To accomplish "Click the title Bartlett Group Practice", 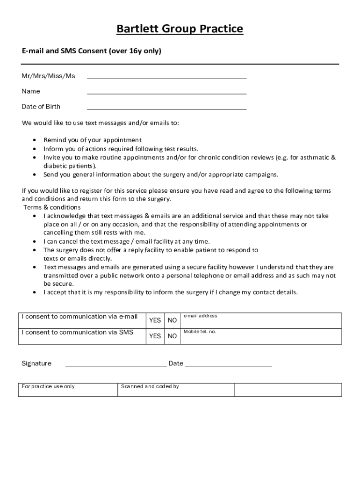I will coord(180,29).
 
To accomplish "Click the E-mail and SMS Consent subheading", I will coord(91,51).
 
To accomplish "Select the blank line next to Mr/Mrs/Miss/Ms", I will coord(166,76).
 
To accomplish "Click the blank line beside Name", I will coord(166,91).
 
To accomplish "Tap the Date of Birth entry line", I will coord(166,107).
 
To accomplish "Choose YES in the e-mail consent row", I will coord(155,320).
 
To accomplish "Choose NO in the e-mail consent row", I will coord(172,320).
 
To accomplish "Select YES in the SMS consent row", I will coord(155,336).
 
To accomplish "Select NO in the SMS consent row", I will coord(172,336).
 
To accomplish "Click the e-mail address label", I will coord(200,316).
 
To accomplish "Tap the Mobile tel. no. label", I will coord(200,332).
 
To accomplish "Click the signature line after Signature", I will coord(115,364).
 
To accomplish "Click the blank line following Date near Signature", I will coord(228,364).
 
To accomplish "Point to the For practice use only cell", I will coord(48,386).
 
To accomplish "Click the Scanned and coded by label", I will coord(150,386).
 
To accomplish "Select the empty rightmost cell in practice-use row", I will coord(288,390).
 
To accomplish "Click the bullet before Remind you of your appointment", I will coord(36,140).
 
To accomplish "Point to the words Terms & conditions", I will coord(52,207).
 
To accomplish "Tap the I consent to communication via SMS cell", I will coord(78,333).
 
